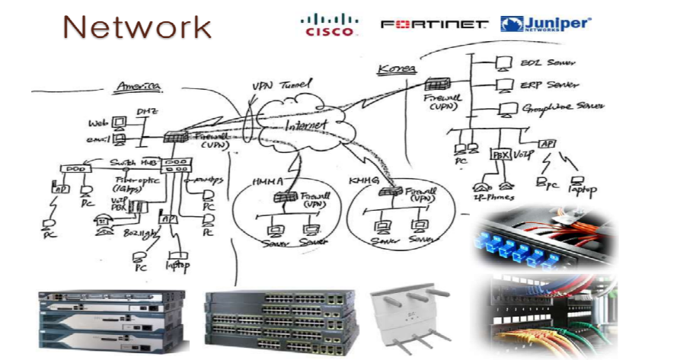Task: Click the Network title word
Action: [x=137, y=27]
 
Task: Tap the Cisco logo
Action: [x=328, y=24]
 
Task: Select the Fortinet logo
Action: [x=434, y=24]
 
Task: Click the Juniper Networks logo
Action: [x=546, y=24]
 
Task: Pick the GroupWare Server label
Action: [x=561, y=110]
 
